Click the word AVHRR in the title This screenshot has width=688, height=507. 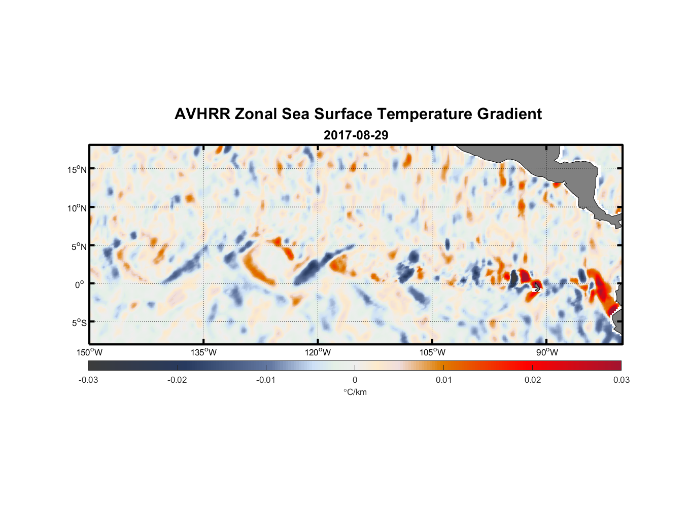[202, 114]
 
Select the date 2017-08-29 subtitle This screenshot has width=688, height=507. [356, 135]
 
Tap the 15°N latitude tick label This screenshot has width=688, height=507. [77, 169]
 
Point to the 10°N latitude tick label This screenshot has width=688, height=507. [77, 208]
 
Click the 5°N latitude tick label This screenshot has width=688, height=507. [79, 246]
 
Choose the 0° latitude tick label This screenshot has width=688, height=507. [80, 284]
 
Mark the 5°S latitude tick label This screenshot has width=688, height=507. [79, 323]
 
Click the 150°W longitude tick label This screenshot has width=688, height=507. [89, 352]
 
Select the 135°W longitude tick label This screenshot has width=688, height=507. [203, 352]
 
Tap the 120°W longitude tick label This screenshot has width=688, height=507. [318, 352]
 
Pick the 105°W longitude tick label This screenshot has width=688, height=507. [432, 352]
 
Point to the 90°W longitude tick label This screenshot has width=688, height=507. [546, 352]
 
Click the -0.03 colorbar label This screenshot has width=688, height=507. [88, 380]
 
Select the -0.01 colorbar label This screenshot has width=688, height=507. [266, 380]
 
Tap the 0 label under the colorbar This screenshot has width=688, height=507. [355, 380]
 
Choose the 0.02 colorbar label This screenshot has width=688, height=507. [533, 380]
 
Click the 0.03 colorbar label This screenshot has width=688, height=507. [621, 380]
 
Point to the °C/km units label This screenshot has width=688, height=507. [355, 392]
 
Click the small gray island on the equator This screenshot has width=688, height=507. [537, 287]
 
